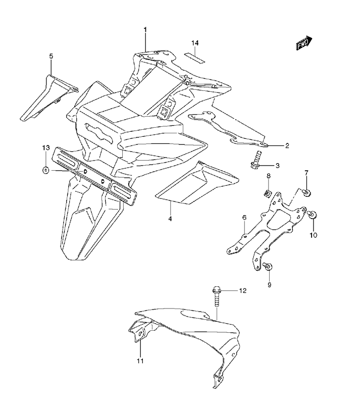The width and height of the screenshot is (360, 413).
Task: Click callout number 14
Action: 195,43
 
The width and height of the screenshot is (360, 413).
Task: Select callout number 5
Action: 51,56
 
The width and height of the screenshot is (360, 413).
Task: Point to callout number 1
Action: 145,29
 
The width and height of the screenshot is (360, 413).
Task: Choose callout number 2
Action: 287,145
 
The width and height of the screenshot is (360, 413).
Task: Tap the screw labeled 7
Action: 306,192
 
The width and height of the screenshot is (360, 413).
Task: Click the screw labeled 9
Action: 268,266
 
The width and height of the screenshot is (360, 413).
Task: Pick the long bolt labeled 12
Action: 216,296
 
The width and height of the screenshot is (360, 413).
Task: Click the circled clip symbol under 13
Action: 46,171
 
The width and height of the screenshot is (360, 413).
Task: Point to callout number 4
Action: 170,218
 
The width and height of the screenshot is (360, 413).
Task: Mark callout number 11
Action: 140,360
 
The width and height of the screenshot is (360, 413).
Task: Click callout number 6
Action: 244,218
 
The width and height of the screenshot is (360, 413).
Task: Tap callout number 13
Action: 46,147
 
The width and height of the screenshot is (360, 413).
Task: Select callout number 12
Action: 242,290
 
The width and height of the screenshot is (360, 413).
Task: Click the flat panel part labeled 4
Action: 197,184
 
